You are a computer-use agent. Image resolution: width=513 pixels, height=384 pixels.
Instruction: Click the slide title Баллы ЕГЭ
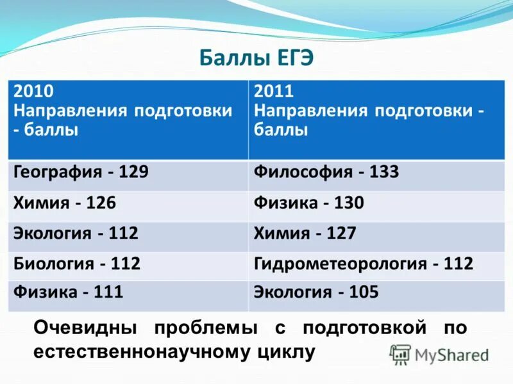pos(256,57)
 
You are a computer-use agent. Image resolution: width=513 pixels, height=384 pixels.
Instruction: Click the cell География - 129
pos(81,172)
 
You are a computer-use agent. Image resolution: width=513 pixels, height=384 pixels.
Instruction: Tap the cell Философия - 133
pos(326,172)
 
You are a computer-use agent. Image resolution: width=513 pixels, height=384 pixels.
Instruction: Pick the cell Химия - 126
pos(65,203)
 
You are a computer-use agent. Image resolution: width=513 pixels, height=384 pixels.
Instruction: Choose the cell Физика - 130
pos(309,203)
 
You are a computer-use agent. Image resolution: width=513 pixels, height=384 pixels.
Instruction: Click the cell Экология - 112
pos(76,233)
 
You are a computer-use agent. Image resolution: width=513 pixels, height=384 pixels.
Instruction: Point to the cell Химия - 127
pos(305,233)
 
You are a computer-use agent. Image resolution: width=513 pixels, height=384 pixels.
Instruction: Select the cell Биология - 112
pos(77,263)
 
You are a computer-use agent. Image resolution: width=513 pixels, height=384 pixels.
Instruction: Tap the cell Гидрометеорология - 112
pos(364,263)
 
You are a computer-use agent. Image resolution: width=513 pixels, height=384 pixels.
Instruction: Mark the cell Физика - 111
pos(69,293)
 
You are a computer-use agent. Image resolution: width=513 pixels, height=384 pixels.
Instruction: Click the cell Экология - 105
pos(316,293)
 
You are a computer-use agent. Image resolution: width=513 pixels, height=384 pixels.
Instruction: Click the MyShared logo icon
pos(401,354)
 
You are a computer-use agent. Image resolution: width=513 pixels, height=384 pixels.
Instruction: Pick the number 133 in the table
pos(383,172)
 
